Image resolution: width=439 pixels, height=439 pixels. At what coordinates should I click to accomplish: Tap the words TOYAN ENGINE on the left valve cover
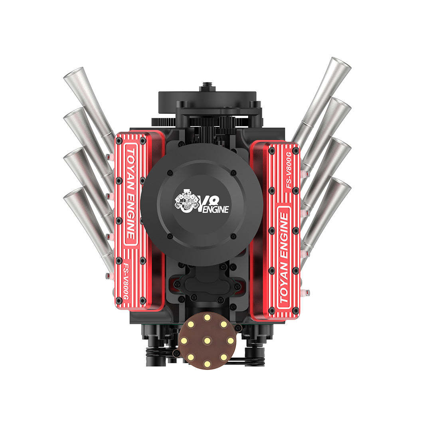coord(130,195)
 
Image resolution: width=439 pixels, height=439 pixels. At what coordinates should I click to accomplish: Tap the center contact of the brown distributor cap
coord(207,340)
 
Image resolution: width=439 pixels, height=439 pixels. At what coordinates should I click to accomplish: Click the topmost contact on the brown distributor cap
coord(207,317)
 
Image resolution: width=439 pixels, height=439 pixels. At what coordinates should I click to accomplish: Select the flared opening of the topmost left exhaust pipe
coord(73,73)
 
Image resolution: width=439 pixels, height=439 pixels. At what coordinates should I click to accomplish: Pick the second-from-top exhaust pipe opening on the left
coord(73,114)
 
